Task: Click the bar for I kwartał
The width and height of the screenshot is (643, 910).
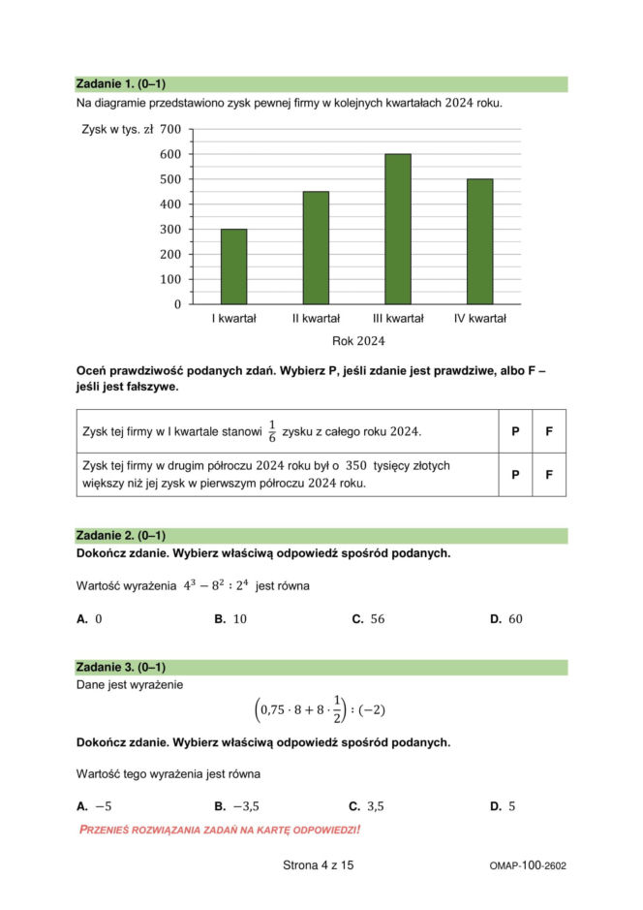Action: pyautogui.click(x=233, y=267)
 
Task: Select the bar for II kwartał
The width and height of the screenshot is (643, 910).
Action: pyautogui.click(x=316, y=248)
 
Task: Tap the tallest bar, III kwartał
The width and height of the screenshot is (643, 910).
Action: pyautogui.click(x=397, y=229)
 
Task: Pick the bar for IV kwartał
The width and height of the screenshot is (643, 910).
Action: pyautogui.click(x=479, y=241)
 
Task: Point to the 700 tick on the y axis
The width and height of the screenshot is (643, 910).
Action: pyautogui.click(x=170, y=129)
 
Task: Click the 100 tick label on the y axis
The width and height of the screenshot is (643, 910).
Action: pyautogui.click(x=170, y=279)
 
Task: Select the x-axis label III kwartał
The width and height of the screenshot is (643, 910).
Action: pyautogui.click(x=398, y=318)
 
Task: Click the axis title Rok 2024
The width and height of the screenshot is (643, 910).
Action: pyautogui.click(x=358, y=341)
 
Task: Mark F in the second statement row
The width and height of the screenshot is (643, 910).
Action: pyautogui.click(x=549, y=475)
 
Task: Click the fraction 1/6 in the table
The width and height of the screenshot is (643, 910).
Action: pyautogui.click(x=272, y=430)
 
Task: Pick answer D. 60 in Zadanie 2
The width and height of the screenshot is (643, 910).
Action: pyautogui.click(x=505, y=618)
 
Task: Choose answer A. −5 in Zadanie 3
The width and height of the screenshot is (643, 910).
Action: pyautogui.click(x=94, y=805)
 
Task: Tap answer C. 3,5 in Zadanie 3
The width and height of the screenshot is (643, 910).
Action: pyautogui.click(x=367, y=805)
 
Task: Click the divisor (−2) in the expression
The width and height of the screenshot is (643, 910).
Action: pyautogui.click(x=372, y=710)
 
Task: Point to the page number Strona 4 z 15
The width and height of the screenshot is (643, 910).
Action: pyautogui.click(x=319, y=865)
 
